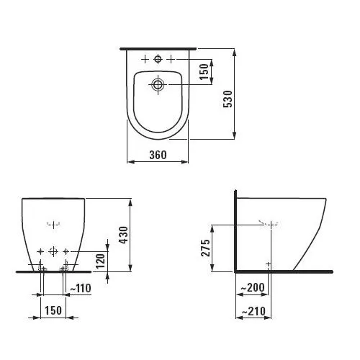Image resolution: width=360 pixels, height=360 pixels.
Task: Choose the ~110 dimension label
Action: (81, 288)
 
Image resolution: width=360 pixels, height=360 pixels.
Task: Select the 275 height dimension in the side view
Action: (205, 248)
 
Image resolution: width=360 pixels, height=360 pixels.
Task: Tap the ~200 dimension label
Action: (251, 287)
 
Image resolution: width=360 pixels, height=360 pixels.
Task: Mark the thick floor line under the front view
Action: (54, 271)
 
